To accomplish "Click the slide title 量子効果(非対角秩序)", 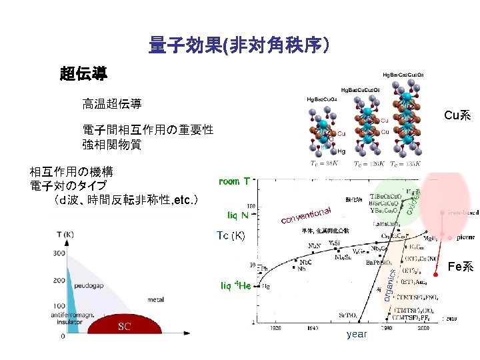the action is (x=239, y=45).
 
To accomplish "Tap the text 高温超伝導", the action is (x=111, y=103).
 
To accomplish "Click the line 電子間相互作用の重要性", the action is (x=148, y=129).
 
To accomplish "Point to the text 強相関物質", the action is (x=112, y=143).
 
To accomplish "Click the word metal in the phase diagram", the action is (x=156, y=300).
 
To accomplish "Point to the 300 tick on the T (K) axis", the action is (x=60, y=254).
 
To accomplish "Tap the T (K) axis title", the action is (x=66, y=234).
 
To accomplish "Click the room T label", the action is (x=235, y=181).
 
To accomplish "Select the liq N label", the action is (x=234, y=215).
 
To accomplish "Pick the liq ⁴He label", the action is (x=235, y=285).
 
